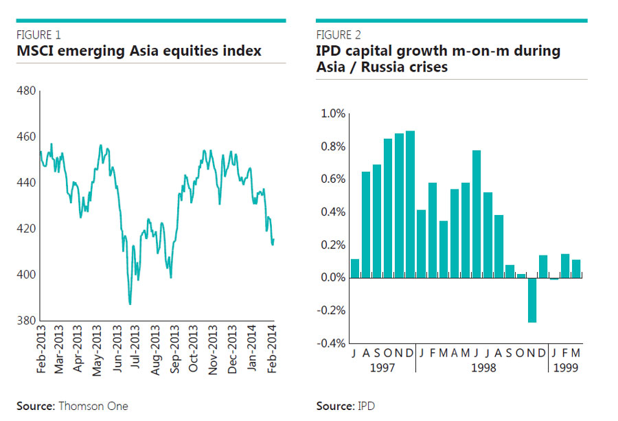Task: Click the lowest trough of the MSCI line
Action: [130, 303]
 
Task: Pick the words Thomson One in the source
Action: [93, 406]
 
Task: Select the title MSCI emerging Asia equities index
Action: [139, 52]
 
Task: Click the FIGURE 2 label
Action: [339, 35]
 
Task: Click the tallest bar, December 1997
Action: [410, 204]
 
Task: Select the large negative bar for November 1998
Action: [531, 300]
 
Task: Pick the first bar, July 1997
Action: [355, 269]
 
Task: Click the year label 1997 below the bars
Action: [383, 368]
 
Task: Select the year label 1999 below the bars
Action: [565, 368]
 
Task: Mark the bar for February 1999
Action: [565, 266]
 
